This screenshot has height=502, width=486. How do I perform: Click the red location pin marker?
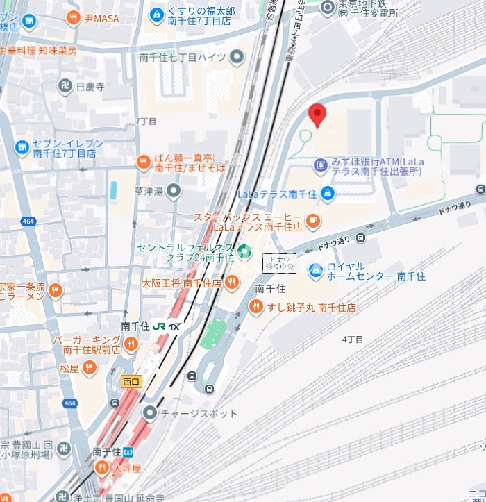[x=317, y=115]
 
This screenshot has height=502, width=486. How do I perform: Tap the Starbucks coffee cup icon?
[x=313, y=220]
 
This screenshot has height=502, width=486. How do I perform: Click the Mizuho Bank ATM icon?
[x=320, y=165]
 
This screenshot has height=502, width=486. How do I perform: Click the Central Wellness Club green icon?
[x=244, y=251]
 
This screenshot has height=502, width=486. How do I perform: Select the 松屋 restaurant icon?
[x=89, y=368]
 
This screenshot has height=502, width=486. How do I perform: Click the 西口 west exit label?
[x=131, y=381]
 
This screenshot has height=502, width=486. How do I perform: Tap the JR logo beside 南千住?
[x=160, y=326]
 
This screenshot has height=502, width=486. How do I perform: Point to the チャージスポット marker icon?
[x=150, y=413]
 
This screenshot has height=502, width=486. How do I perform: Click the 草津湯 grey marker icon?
[x=173, y=190]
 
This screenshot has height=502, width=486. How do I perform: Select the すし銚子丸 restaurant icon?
[x=256, y=306]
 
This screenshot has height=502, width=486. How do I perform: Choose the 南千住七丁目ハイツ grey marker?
[x=237, y=58]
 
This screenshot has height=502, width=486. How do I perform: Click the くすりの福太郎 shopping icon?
[x=158, y=12]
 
